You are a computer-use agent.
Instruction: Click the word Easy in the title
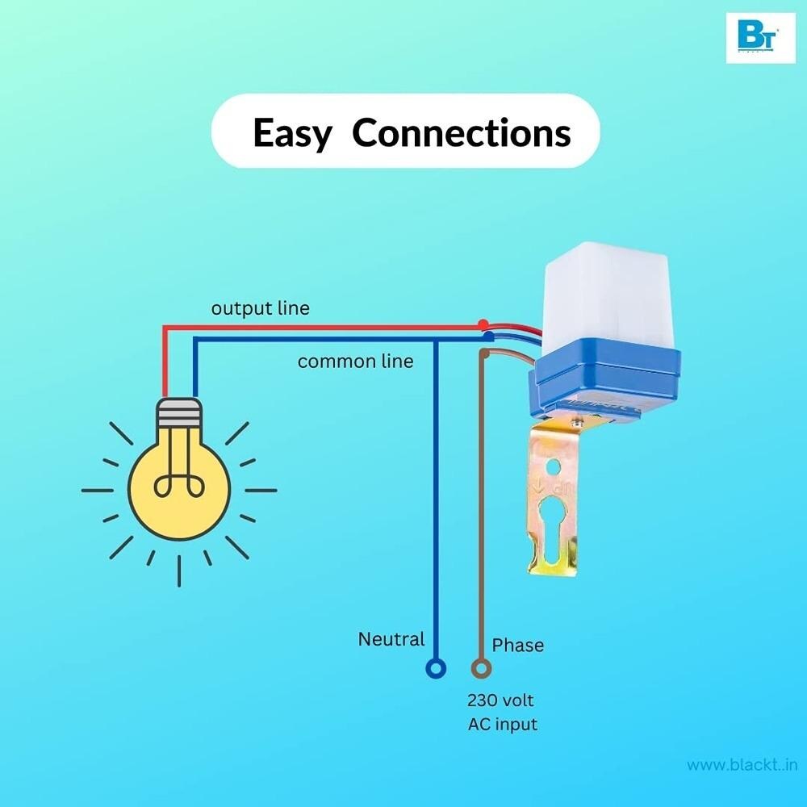(x=291, y=132)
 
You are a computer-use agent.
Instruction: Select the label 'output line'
(x=260, y=308)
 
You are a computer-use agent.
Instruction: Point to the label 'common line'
(x=355, y=361)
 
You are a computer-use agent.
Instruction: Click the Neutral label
(x=391, y=639)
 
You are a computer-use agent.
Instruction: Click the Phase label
(x=517, y=645)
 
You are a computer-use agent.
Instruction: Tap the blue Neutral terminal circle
(x=436, y=668)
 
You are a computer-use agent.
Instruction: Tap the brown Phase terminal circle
(x=481, y=668)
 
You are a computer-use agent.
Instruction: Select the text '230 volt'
(x=500, y=699)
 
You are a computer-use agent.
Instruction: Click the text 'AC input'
(x=502, y=724)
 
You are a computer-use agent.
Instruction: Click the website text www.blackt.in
(x=739, y=764)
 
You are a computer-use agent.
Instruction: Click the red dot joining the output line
(x=483, y=324)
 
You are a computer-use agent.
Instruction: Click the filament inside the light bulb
(x=178, y=476)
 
